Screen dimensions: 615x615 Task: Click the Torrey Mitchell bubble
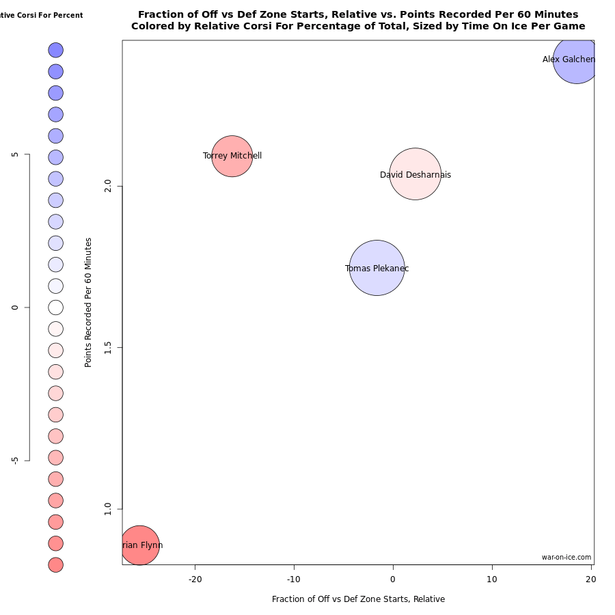click(x=232, y=156)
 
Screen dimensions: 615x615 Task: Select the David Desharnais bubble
click(x=415, y=174)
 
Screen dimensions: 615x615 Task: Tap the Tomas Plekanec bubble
click(x=377, y=268)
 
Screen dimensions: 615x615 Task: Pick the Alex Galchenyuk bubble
click(x=576, y=59)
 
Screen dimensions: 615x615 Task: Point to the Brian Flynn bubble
click(x=140, y=545)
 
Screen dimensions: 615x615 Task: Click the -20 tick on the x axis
click(x=195, y=579)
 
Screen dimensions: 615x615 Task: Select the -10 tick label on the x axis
click(x=294, y=579)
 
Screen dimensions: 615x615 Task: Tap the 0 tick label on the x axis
click(x=393, y=579)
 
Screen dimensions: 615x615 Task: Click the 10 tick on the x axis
click(x=492, y=579)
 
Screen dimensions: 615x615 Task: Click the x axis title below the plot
click(x=358, y=599)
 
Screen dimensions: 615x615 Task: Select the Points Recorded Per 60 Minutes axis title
click(x=88, y=302)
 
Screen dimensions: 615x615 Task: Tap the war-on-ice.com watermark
click(x=566, y=558)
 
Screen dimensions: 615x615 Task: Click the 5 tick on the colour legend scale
click(x=15, y=154)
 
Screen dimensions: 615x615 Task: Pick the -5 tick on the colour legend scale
click(x=15, y=461)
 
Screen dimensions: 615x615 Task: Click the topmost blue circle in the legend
click(x=56, y=50)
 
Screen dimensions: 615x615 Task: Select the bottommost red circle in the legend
click(x=56, y=564)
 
